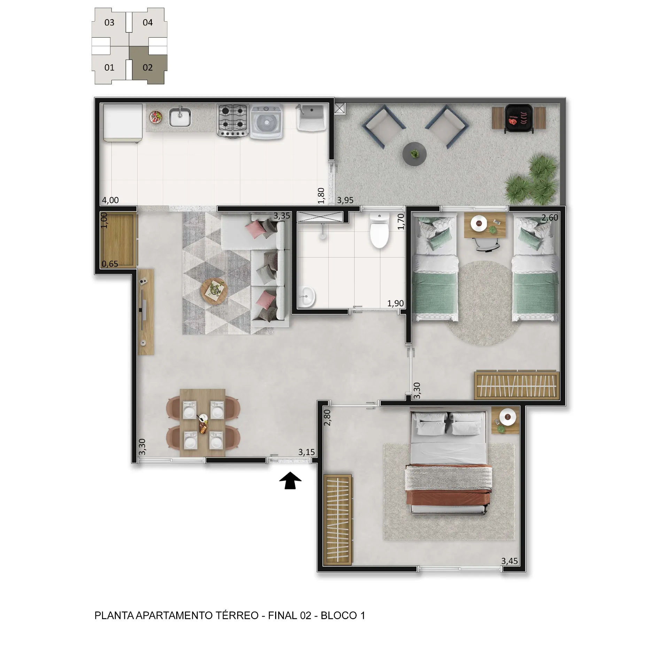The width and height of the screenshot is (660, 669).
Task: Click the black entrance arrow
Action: [x=290, y=480]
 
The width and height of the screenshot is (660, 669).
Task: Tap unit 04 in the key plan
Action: [x=148, y=23]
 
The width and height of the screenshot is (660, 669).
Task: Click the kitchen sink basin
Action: [x=180, y=117]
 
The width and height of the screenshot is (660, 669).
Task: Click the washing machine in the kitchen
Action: [x=266, y=122]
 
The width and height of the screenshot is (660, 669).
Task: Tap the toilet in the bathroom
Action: [x=379, y=231]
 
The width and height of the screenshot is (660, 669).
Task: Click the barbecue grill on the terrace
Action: [x=519, y=118]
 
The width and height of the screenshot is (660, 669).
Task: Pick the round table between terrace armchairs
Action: [x=414, y=154]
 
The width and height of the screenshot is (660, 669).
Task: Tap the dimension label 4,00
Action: [x=110, y=200]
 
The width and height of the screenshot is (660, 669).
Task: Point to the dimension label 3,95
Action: [x=345, y=200]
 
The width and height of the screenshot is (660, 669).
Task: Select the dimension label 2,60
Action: [x=550, y=218]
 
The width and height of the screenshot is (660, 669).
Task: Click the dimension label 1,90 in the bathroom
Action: [x=396, y=303]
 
